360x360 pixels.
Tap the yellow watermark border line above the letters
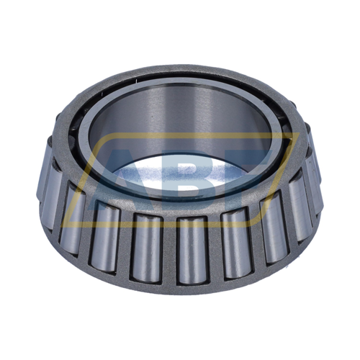point(180,136)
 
